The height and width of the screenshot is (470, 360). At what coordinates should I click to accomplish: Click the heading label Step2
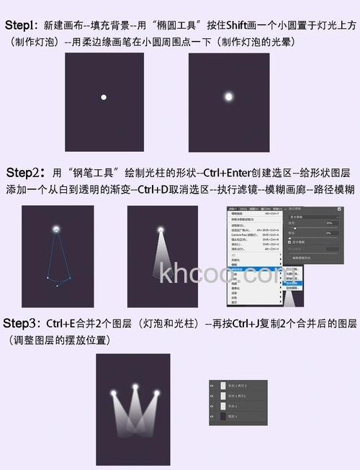(x=26, y=173)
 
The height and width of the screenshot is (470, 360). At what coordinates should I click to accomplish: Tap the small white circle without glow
(x=104, y=96)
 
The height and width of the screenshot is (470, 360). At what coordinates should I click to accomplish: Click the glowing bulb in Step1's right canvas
(x=228, y=96)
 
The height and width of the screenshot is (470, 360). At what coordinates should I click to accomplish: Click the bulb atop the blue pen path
(x=56, y=229)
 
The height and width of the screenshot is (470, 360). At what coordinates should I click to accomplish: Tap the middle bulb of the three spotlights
(x=135, y=389)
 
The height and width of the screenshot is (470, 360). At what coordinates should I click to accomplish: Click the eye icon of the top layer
(x=212, y=386)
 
